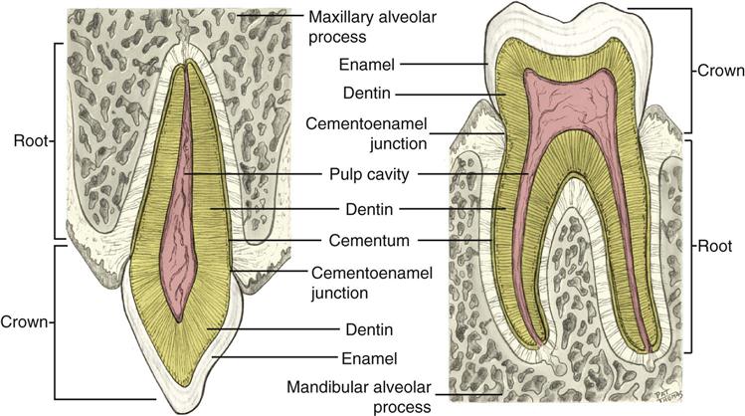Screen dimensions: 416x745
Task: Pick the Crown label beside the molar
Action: click(x=714, y=72)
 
